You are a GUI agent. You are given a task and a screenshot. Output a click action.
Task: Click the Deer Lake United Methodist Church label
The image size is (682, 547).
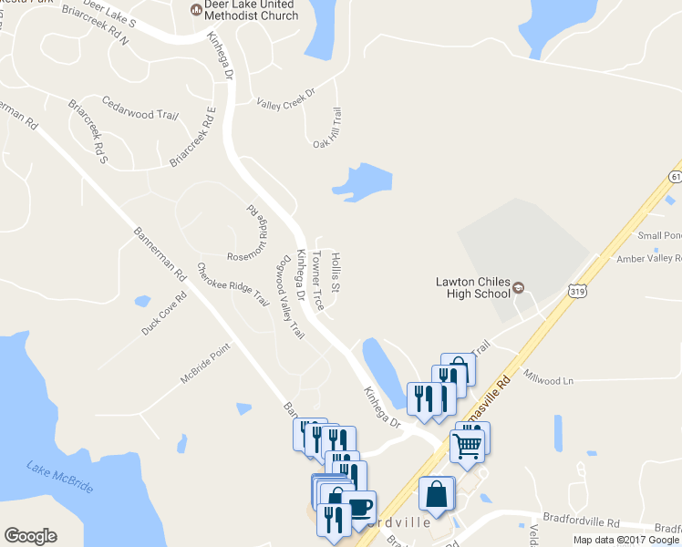point(253,10)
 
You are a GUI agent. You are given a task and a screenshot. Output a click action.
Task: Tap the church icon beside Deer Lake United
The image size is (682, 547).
point(195,10)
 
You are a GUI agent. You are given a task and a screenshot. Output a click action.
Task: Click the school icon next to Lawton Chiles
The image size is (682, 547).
point(519,288)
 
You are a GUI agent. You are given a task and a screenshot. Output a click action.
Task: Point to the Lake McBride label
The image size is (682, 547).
point(60,475)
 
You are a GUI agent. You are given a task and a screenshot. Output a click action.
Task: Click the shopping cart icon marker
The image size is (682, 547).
point(467,447)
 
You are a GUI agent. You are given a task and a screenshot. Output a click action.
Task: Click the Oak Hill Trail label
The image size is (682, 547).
point(326,129)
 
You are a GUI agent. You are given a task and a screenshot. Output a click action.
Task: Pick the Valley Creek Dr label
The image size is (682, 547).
point(285,98)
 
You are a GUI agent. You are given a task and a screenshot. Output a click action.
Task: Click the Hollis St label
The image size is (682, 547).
point(336,273)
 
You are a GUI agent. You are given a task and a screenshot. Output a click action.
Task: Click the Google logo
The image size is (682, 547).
point(30,536)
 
